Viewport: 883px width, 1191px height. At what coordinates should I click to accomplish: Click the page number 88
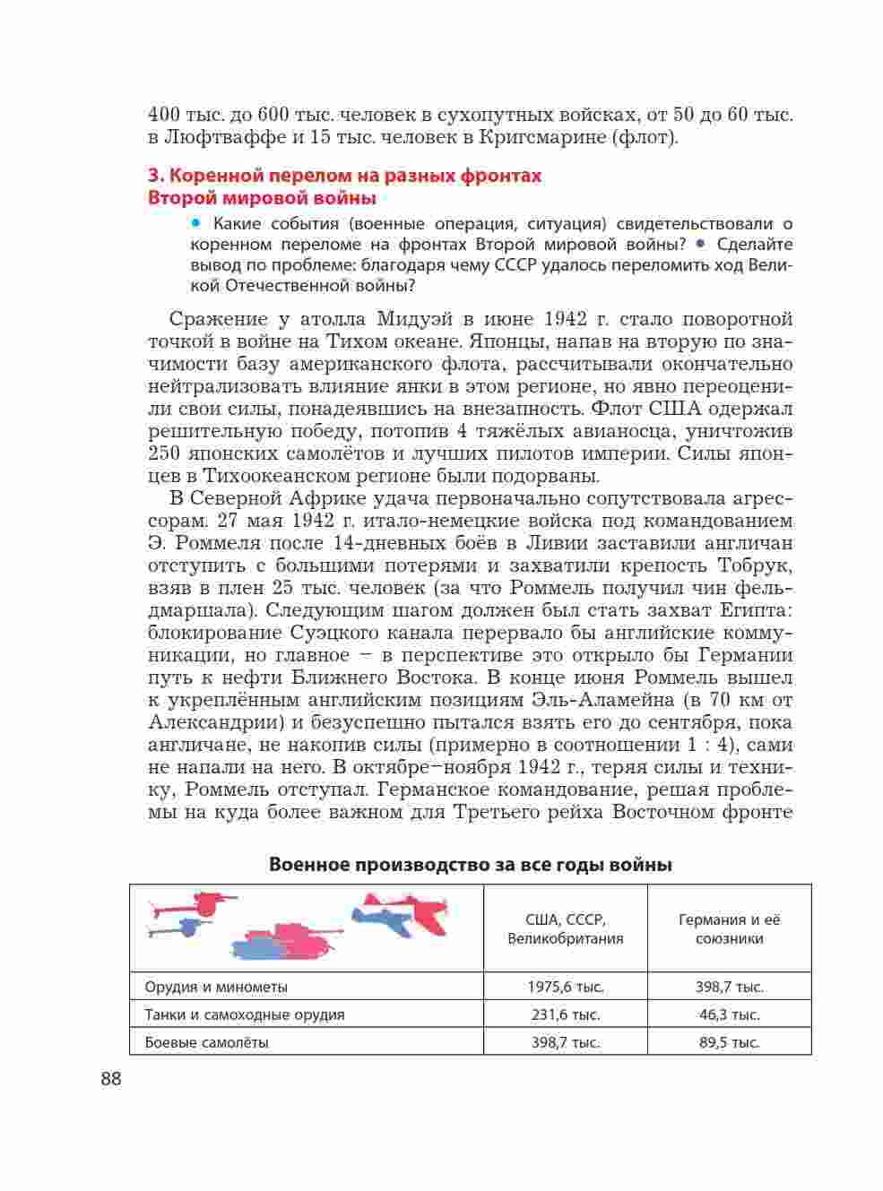pos(110,1078)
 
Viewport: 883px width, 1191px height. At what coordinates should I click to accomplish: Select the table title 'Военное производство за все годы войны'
pos(471,865)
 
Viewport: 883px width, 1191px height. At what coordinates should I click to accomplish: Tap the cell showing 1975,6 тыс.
pos(565,987)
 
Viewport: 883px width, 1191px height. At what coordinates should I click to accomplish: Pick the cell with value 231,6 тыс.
pos(565,1014)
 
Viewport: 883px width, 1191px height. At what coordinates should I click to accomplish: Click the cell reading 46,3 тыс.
pos(729,1014)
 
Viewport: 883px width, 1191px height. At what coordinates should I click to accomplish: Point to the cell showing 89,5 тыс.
pos(729,1042)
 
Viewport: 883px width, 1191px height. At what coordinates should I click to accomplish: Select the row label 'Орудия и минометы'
pos(216,987)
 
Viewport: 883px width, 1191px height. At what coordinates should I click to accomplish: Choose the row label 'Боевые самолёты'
pos(206,1042)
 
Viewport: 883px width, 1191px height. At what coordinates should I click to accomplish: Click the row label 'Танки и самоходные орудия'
pos(244,1014)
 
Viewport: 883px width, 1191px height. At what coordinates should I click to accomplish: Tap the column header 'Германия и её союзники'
pos(729,929)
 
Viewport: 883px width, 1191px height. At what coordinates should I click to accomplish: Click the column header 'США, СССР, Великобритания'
pos(565,929)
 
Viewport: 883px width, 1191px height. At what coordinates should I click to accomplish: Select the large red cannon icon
pos(202,902)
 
